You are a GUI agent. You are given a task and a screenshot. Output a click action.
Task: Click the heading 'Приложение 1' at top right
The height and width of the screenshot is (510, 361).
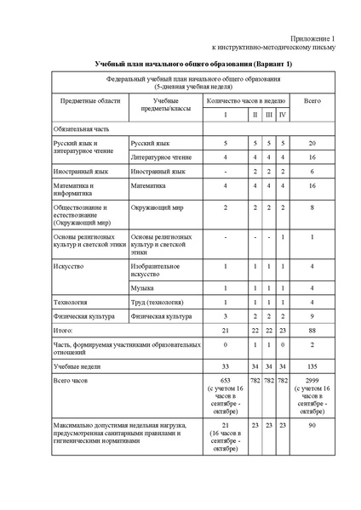(314, 39)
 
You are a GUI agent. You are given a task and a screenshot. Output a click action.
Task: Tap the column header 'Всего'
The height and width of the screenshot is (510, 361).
(312, 101)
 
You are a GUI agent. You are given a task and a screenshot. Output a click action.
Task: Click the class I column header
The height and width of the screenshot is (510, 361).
(226, 115)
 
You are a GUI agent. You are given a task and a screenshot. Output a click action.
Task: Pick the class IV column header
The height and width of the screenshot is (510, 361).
(282, 115)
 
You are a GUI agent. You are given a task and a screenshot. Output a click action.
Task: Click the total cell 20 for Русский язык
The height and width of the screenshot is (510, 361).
(312, 144)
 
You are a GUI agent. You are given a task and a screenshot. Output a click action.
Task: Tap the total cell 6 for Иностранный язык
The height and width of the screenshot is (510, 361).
(312, 171)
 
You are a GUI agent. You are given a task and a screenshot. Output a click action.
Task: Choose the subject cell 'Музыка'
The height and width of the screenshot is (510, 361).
(143, 289)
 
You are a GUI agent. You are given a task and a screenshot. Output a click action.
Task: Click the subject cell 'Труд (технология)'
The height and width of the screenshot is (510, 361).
(156, 302)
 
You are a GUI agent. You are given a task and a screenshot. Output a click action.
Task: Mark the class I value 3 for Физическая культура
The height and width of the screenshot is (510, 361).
(226, 315)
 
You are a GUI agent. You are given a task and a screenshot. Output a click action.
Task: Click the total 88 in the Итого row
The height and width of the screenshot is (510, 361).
(312, 329)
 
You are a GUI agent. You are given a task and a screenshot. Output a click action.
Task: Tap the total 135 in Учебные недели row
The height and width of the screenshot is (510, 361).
(312, 363)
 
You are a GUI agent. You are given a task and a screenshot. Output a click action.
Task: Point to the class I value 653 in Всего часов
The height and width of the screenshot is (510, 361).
(226, 380)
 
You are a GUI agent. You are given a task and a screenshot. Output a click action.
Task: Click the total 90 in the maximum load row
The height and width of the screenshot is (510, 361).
(312, 423)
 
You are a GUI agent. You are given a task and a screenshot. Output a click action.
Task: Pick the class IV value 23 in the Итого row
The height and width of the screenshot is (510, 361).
(282, 329)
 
